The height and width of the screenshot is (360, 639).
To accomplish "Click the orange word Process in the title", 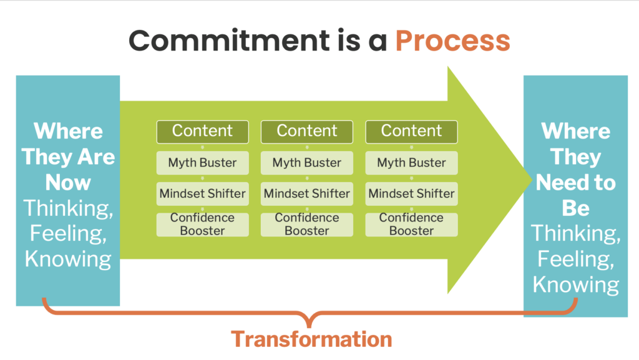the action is pyautogui.click(x=452, y=41).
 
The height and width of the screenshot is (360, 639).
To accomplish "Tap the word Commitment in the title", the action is pyautogui.click(x=229, y=41).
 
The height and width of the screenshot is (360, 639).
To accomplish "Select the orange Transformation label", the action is pyautogui.click(x=311, y=339).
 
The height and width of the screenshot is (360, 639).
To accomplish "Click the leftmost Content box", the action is pyautogui.click(x=203, y=132).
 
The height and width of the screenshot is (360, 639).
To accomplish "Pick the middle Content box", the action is pyautogui.click(x=307, y=132).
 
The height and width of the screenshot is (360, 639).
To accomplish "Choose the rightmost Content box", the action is pyautogui.click(x=412, y=132).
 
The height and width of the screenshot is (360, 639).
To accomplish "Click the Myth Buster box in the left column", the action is pyautogui.click(x=203, y=163).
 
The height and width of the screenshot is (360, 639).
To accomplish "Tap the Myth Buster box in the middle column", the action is pyautogui.click(x=307, y=163).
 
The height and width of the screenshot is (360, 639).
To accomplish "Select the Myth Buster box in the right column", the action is pyautogui.click(x=412, y=163).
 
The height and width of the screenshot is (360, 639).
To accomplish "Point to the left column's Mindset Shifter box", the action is pyautogui.click(x=203, y=194).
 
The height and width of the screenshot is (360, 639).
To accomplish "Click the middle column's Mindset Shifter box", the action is pyautogui.click(x=307, y=194).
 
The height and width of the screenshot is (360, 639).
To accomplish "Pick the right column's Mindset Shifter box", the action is pyautogui.click(x=412, y=194).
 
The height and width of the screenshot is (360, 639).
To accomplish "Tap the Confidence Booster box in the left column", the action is pyautogui.click(x=203, y=225).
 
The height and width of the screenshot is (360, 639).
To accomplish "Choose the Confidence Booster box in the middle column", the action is pyautogui.click(x=307, y=225).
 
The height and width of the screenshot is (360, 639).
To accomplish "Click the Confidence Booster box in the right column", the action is pyautogui.click(x=412, y=225).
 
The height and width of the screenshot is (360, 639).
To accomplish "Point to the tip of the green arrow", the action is pyautogui.click(x=532, y=180).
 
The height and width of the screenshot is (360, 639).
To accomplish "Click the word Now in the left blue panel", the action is pyautogui.click(x=68, y=182).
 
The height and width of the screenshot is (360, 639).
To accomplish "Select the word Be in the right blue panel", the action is pyautogui.click(x=575, y=208).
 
